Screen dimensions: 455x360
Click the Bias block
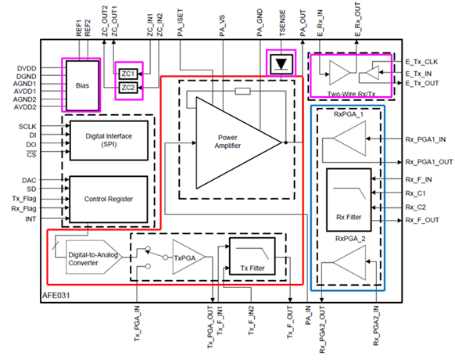[82, 85]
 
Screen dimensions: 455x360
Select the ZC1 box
[128, 74]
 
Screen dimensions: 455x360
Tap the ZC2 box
[128, 88]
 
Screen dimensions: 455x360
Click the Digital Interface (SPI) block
[109, 140]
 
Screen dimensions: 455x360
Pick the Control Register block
[109, 200]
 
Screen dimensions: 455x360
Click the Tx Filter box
[253, 256]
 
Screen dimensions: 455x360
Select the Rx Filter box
[349, 200]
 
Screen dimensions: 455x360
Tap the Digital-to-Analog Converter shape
[94, 257]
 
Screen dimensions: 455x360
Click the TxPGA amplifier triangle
[188, 257]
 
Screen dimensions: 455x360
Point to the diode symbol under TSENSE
[281, 64]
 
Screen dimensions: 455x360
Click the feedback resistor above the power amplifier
[242, 92]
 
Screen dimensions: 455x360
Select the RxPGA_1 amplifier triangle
[349, 139]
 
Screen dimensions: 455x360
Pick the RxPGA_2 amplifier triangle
[349, 262]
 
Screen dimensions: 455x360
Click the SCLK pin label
[27, 127]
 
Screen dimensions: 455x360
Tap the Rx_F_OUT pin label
[422, 220]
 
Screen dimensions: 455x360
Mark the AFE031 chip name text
[56, 296]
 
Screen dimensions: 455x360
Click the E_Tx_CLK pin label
[421, 62]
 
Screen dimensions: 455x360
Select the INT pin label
[30, 219]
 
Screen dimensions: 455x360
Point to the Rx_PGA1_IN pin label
[425, 139]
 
